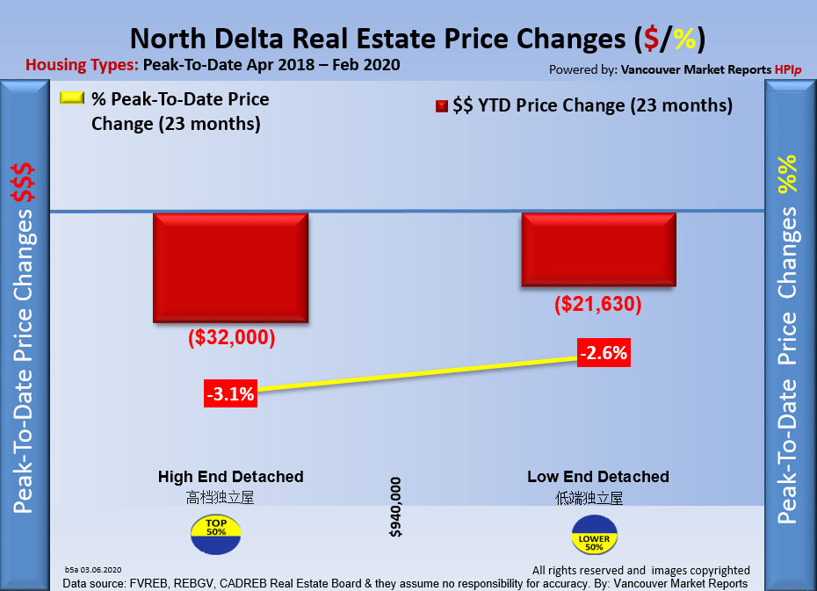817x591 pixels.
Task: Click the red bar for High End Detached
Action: [x=230, y=267]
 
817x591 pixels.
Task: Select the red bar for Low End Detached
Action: [x=598, y=249]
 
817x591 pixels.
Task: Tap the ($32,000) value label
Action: [x=232, y=338]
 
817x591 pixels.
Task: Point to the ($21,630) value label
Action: [x=598, y=305]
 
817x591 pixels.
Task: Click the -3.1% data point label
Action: [x=230, y=394]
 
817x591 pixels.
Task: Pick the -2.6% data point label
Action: [x=604, y=353]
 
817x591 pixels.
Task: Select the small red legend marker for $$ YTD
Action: [x=442, y=106]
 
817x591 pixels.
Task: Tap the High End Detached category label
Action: [x=231, y=477]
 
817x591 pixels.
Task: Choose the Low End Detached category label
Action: [x=598, y=477]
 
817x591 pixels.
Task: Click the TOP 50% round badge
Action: [x=214, y=532]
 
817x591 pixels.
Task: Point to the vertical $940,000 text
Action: [x=395, y=508]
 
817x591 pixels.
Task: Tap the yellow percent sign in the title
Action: [x=685, y=40]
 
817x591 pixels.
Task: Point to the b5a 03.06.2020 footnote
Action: [x=92, y=570]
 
